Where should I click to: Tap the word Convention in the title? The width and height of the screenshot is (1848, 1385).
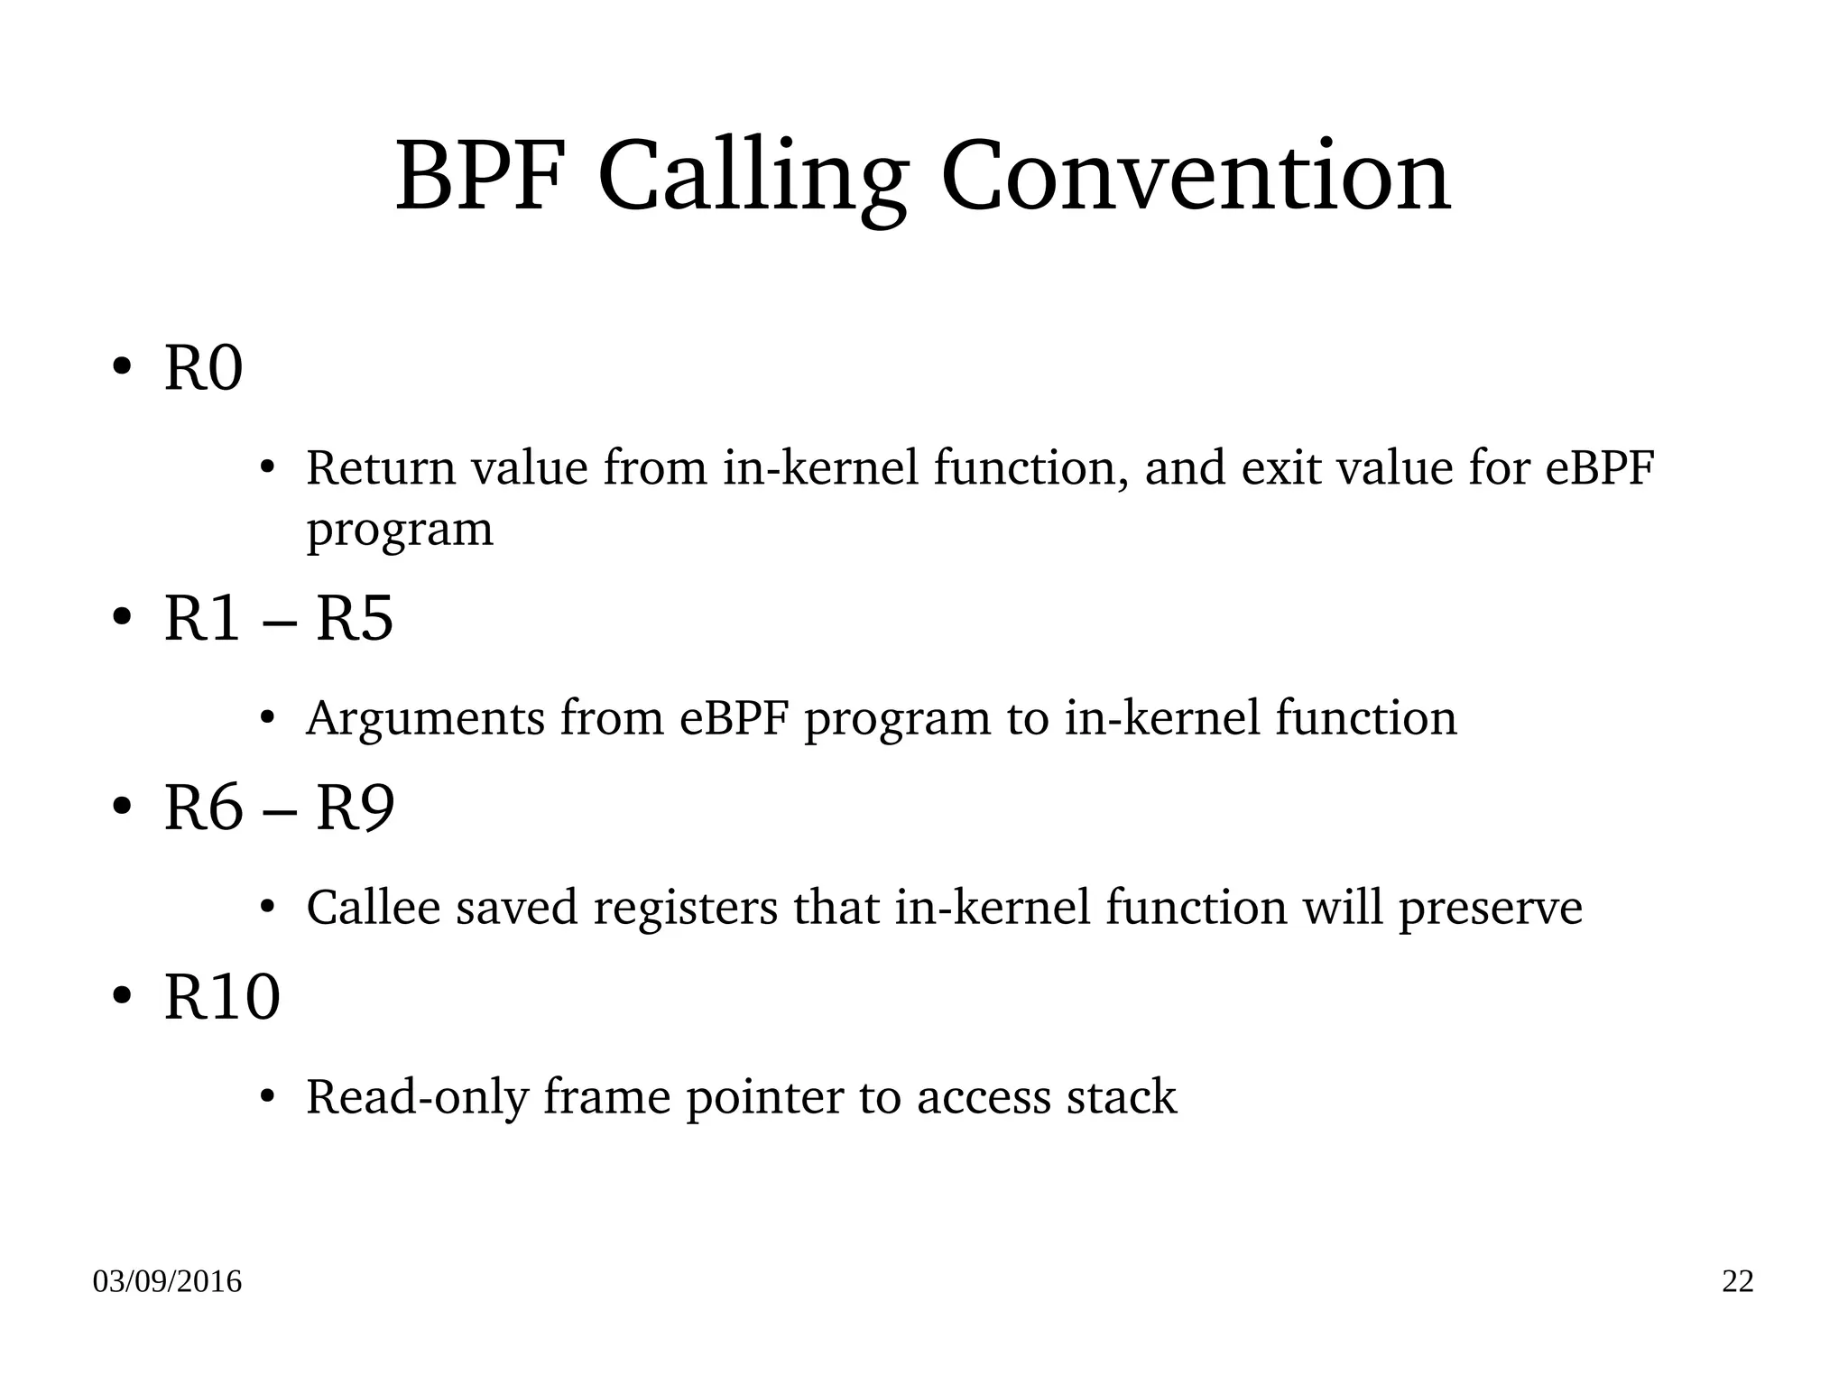tap(1196, 176)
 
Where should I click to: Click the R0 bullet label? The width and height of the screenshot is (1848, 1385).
tap(203, 369)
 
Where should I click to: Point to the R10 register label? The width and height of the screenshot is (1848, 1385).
tap(222, 998)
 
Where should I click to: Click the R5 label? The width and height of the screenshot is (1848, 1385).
tap(355, 620)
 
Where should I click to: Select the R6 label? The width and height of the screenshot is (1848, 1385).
tap(203, 808)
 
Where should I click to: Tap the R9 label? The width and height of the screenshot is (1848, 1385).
tap(355, 808)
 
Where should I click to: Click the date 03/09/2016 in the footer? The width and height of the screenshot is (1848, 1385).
tap(167, 1282)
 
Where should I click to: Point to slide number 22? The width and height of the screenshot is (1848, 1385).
tap(1738, 1282)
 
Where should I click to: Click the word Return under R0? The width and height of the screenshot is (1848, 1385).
tap(380, 468)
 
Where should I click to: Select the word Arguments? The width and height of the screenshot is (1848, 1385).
tap(425, 719)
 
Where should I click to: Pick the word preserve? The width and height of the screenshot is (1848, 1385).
tap(1490, 909)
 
